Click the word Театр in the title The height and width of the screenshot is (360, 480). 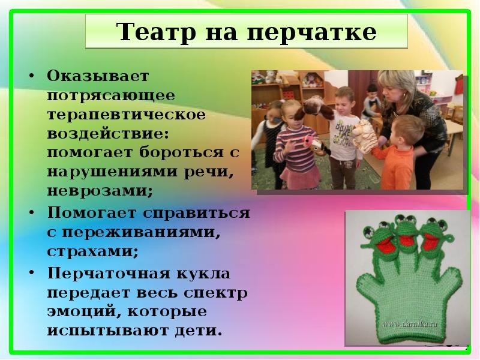point(156,32)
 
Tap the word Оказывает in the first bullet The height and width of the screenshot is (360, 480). point(98,76)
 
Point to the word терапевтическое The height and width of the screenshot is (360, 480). point(127,114)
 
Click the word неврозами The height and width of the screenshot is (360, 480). point(100,191)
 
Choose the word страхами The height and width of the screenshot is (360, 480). point(93,251)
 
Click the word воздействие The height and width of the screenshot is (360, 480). point(108,133)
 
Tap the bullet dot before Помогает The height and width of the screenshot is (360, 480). point(31,212)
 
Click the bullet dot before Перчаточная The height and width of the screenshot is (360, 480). point(31,272)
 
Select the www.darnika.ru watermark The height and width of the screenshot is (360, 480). point(410,324)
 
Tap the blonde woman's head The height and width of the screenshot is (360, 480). point(395,89)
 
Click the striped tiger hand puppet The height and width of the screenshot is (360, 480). point(364,134)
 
